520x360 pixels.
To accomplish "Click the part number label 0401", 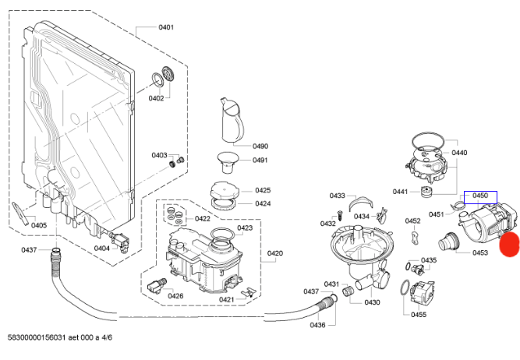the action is coord(166,27).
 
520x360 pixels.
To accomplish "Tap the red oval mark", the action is coord(510,245).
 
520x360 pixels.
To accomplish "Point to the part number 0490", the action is coord(260,146).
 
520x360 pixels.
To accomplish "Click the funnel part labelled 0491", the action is coord(228,162).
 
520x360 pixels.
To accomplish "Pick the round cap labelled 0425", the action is coord(225,191).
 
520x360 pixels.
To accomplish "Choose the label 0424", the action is coord(263,203).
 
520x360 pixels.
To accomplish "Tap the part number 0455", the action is coord(419,315).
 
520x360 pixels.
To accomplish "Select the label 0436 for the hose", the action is coord(317,325).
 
